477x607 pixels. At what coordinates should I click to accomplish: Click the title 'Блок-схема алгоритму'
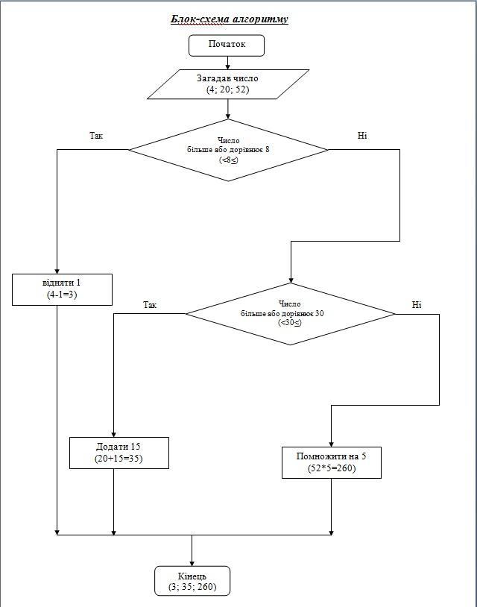click(x=230, y=19)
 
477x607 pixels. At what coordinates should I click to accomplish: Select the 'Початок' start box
click(x=227, y=45)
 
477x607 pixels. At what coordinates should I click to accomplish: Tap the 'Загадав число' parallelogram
click(x=228, y=84)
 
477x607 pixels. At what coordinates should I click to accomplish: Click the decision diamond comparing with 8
click(x=228, y=150)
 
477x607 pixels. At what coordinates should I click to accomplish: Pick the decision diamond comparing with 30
click(x=291, y=314)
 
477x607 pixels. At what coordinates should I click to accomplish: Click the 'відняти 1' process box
click(x=63, y=289)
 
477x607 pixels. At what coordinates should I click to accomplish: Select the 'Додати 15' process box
click(x=119, y=453)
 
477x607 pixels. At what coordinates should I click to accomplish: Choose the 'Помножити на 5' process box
click(x=332, y=462)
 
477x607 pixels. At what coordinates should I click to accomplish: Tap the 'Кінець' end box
click(x=192, y=581)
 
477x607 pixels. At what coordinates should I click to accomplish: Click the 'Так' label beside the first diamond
click(x=96, y=136)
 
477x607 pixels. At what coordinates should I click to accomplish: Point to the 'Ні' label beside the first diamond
click(x=362, y=136)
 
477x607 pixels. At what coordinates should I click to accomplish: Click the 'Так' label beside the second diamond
click(x=150, y=305)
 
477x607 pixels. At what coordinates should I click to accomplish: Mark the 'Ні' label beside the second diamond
click(x=417, y=305)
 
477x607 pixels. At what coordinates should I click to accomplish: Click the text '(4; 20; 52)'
click(x=228, y=89)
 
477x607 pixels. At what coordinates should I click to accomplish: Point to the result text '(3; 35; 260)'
click(x=192, y=586)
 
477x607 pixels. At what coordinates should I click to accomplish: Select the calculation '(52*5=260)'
click(x=332, y=468)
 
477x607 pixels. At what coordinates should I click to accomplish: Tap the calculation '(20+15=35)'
click(x=119, y=459)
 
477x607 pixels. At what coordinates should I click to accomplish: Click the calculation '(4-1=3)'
click(x=62, y=295)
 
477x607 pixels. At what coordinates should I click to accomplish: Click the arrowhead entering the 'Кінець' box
click(x=192, y=564)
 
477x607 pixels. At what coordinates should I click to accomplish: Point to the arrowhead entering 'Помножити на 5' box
click(x=331, y=444)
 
